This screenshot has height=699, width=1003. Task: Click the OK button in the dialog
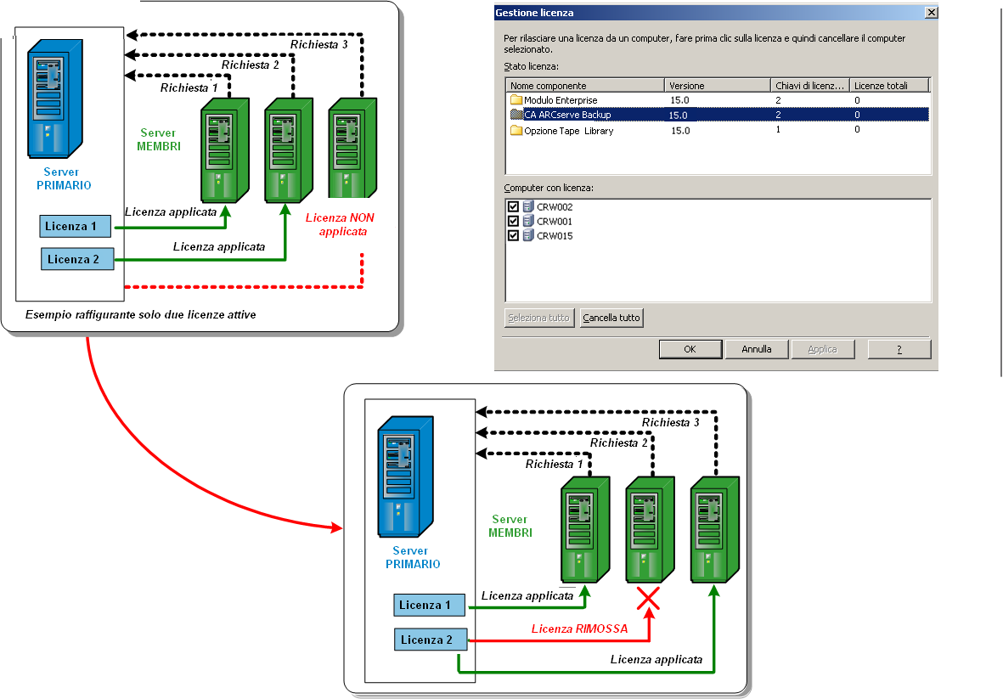[x=690, y=349]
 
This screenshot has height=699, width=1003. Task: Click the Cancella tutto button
[x=611, y=318]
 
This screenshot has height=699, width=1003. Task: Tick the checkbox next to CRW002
[x=513, y=207]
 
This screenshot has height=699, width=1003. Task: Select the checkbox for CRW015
[x=513, y=235]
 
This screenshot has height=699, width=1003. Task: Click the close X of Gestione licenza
[x=931, y=13]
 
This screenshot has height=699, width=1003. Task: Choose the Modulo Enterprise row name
[x=561, y=100]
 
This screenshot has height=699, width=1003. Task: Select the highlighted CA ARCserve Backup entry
[x=567, y=115]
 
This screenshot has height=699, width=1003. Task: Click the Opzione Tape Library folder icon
[x=516, y=131]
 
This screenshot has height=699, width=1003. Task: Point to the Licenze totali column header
[x=881, y=86]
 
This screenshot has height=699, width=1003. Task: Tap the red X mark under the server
[x=649, y=600]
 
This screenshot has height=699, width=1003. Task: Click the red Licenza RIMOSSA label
[x=579, y=629]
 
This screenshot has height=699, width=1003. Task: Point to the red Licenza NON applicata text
[x=340, y=224]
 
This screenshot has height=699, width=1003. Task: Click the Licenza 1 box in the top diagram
[x=76, y=226]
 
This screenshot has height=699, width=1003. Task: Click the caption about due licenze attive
[x=140, y=314]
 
